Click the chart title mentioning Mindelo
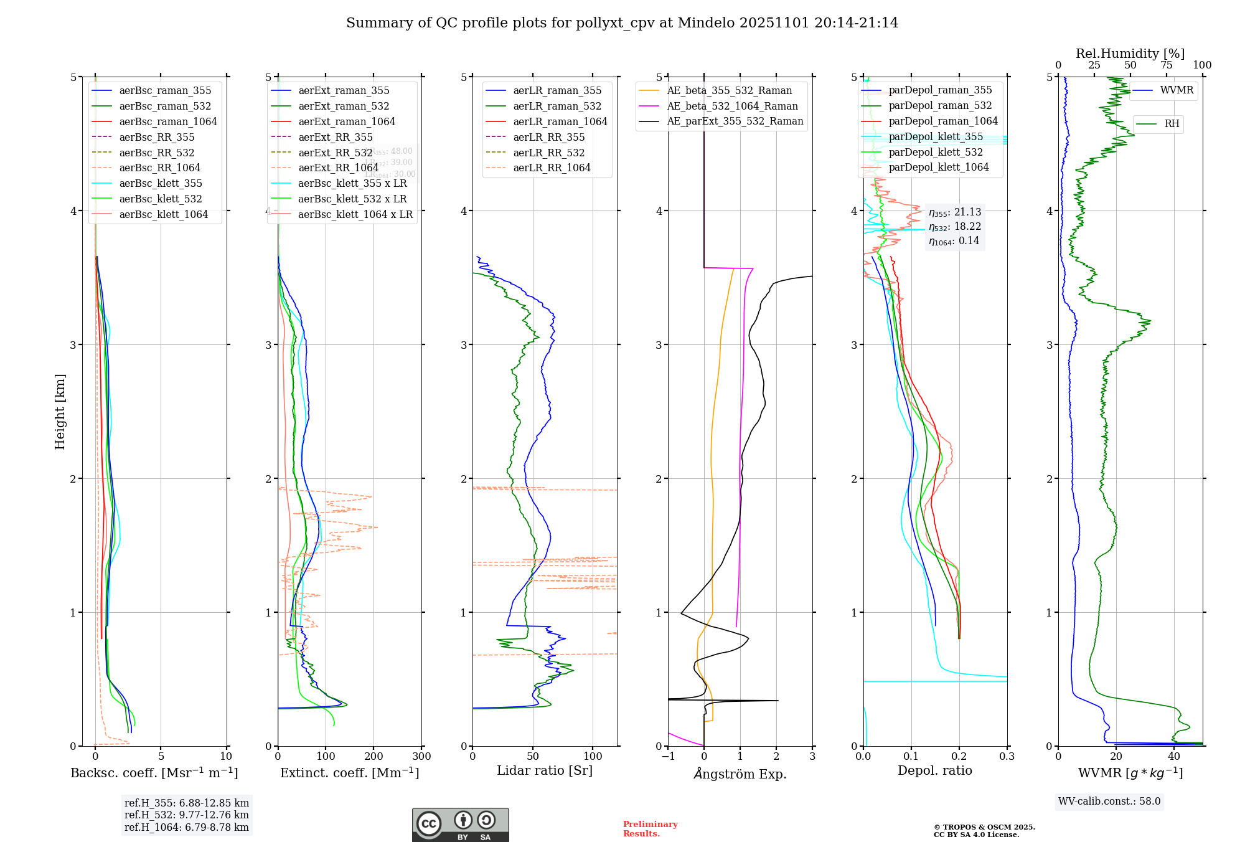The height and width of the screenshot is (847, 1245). click(622, 23)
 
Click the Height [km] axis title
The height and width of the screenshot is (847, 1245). click(60, 411)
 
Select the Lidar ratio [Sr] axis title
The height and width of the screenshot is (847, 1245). click(545, 770)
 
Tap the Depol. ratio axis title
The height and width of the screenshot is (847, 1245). click(934, 770)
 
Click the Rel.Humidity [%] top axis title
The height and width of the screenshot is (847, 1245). click(1130, 54)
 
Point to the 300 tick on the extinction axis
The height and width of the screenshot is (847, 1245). click(421, 756)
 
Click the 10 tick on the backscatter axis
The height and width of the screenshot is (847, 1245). click(226, 756)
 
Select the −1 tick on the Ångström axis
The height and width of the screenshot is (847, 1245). click(668, 756)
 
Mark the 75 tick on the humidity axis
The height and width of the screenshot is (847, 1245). click(1166, 65)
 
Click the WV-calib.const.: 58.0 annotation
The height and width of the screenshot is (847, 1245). click(1109, 801)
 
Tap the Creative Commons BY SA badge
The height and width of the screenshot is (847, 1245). click(460, 825)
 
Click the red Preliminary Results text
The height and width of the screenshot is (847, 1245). click(650, 828)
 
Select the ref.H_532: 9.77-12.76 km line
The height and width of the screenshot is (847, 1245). click(186, 815)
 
